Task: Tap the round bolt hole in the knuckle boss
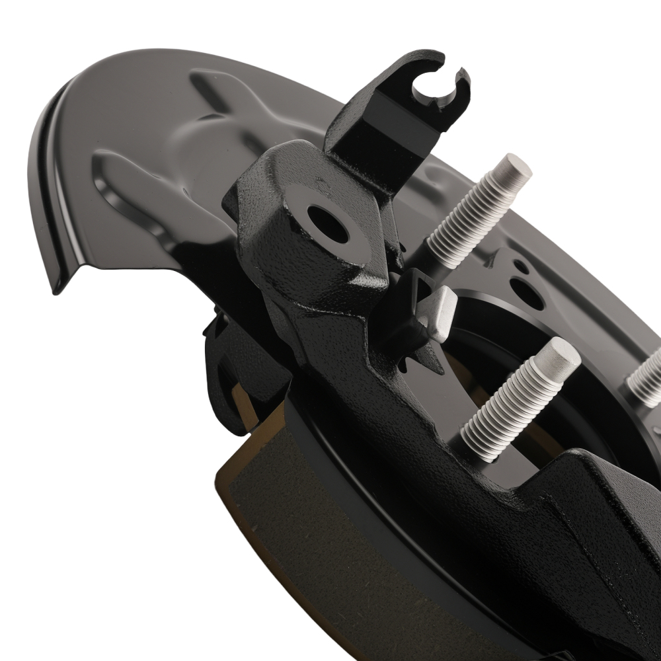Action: [328, 225]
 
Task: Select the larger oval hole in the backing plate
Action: [527, 293]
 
